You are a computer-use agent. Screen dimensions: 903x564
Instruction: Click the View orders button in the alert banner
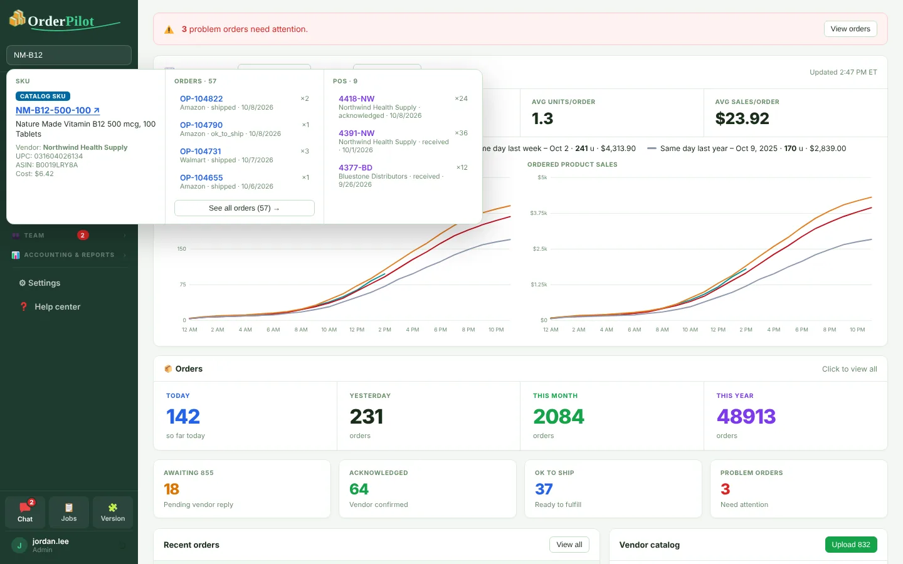pos(850,29)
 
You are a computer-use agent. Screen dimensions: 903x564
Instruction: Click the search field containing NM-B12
pos(69,55)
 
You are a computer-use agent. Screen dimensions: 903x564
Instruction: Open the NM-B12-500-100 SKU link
pos(58,110)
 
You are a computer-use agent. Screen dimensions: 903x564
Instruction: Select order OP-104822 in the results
pos(201,99)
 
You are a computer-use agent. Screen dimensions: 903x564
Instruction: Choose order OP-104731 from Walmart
pos(201,152)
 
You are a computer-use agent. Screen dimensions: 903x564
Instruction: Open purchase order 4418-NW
pos(356,99)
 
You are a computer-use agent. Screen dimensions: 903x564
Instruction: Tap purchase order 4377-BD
pos(355,167)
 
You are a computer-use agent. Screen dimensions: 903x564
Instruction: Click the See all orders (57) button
pos(245,208)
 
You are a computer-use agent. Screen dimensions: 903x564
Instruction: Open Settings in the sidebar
pos(40,283)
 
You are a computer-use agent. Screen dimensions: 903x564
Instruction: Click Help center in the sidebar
pos(50,306)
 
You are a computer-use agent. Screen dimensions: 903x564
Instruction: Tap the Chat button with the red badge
pos(25,511)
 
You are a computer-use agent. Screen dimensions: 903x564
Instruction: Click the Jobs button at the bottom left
pos(69,511)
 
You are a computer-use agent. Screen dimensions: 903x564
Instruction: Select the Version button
pos(113,511)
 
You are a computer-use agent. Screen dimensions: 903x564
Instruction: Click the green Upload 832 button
pos(851,545)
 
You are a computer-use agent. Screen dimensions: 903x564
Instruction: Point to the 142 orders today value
pos(183,417)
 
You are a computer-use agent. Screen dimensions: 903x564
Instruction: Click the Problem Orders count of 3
pos(725,489)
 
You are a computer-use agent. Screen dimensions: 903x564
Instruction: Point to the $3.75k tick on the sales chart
pos(539,213)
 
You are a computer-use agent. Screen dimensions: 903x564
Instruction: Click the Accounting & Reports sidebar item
pos(69,255)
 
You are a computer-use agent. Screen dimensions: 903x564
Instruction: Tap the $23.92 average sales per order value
pos(742,118)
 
